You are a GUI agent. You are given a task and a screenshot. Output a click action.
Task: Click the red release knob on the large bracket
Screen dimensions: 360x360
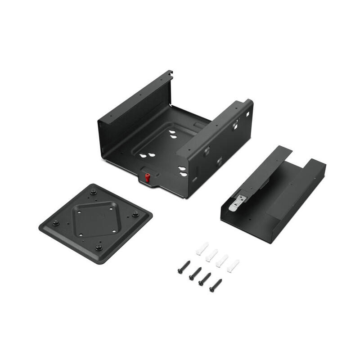(147, 176)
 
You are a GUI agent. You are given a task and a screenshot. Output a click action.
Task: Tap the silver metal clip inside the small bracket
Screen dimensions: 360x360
(237, 202)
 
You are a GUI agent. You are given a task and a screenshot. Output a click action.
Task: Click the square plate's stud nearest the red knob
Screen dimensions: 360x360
(94, 192)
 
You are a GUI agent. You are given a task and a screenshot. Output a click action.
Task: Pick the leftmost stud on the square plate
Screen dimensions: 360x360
(55, 223)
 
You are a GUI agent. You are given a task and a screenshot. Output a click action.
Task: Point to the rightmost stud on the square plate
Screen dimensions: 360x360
(135, 214)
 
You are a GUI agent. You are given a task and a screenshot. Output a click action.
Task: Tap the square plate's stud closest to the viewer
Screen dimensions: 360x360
(99, 247)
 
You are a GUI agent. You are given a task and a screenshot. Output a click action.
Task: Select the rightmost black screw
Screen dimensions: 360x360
(216, 285)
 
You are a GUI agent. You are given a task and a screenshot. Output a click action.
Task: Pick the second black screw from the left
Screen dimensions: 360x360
(195, 273)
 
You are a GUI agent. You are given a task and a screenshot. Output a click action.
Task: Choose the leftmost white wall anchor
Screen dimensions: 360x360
(202, 248)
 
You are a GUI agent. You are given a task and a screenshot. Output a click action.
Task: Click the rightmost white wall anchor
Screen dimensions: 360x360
(233, 265)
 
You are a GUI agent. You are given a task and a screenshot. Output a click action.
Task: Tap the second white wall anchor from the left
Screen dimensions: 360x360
(211, 255)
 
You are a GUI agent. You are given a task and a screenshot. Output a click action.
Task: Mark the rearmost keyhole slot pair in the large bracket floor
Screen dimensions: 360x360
(172, 134)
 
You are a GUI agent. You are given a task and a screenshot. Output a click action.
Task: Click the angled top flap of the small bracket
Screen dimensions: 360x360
(261, 171)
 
